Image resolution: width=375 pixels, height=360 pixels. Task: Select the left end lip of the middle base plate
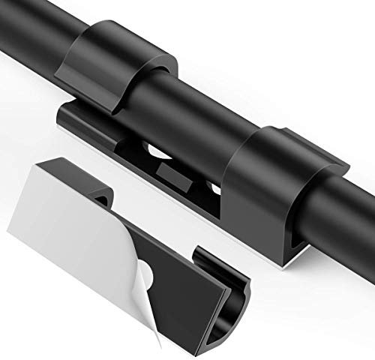point(63,116)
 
